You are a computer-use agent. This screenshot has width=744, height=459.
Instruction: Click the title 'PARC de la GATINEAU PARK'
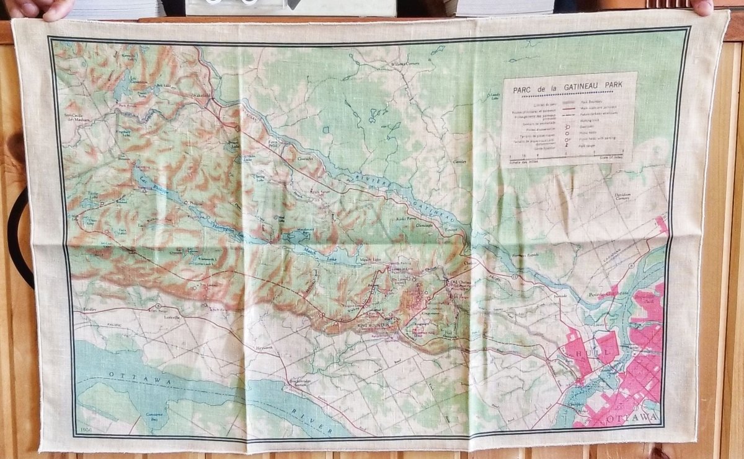tap(570, 87)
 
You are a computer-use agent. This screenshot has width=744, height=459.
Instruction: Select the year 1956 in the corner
tap(87, 429)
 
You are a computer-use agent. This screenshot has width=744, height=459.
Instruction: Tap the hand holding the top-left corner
tap(37, 8)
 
